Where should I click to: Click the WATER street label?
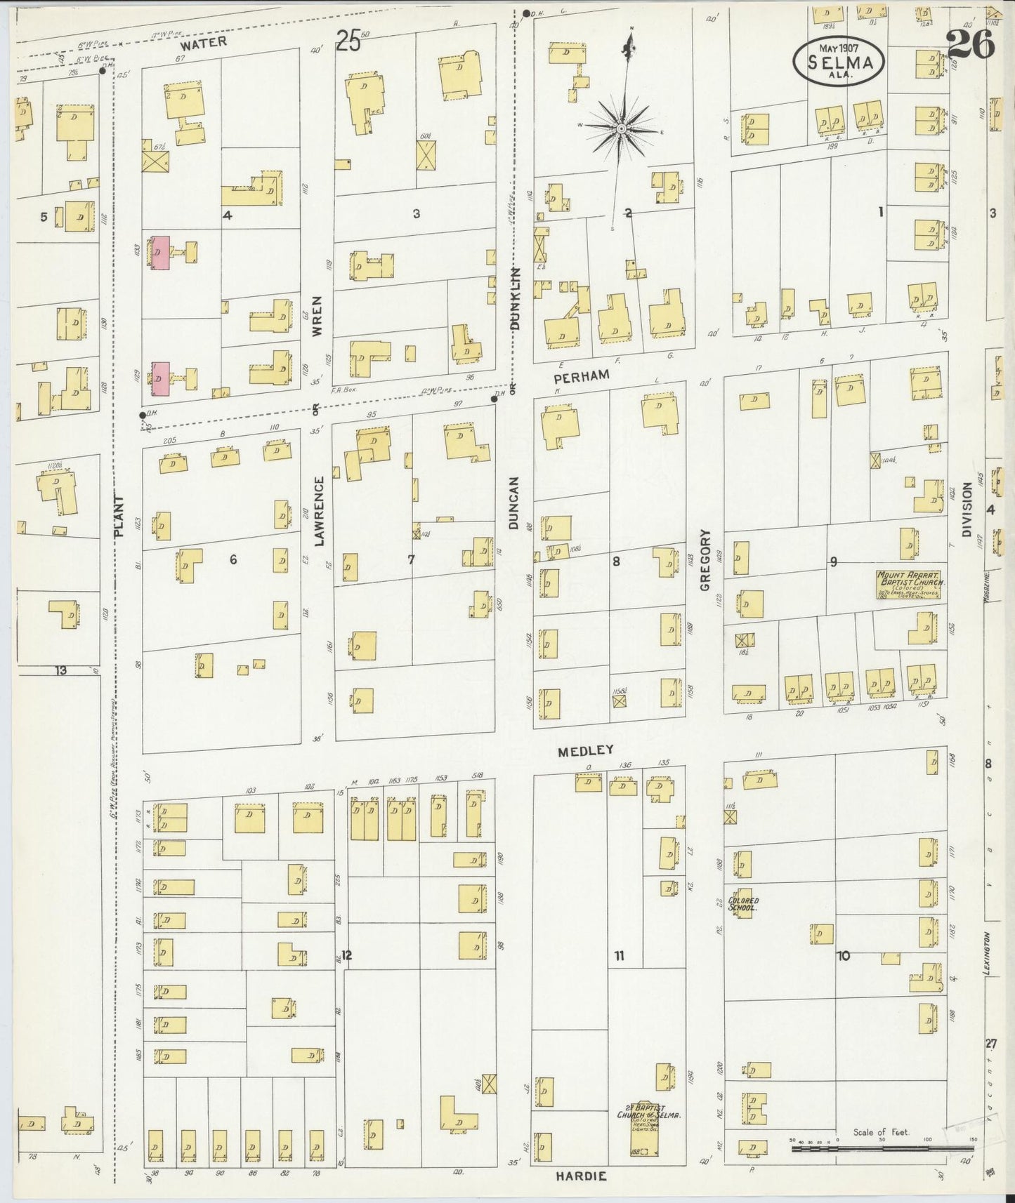[203, 42]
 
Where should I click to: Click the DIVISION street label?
[967, 509]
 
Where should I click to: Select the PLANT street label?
[118, 516]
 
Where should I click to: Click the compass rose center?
[622, 128]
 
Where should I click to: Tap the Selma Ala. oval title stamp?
[839, 62]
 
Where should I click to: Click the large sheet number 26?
[971, 46]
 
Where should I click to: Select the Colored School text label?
[743, 904]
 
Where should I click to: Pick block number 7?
[411, 559]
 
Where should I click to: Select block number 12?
[346, 955]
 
